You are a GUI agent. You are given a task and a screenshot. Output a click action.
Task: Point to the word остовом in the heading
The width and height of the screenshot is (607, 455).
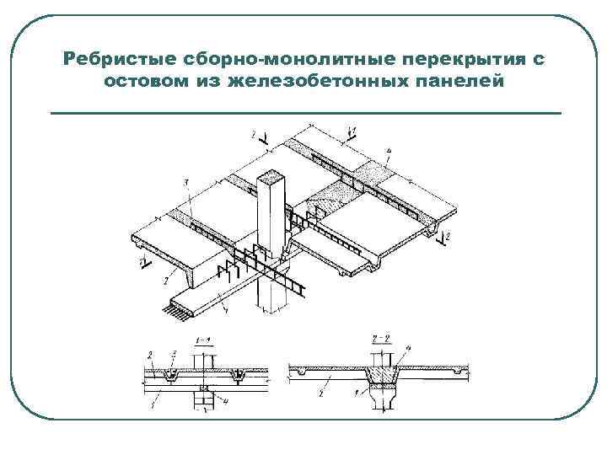(149, 82)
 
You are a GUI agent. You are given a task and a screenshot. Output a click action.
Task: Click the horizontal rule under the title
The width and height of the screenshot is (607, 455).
(305, 112)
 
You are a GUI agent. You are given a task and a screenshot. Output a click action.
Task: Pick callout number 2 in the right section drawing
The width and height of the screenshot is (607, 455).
(323, 393)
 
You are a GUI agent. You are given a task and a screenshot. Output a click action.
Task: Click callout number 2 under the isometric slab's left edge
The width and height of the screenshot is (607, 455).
(167, 278)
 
